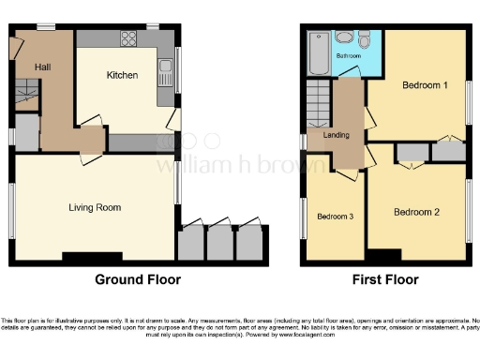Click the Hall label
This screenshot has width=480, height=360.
pos(43,67)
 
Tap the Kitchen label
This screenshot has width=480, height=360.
pos(123,75)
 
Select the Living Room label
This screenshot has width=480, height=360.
pos(96,207)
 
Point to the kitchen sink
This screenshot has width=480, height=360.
pos(165,67)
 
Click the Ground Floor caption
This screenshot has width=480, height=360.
pos(138,279)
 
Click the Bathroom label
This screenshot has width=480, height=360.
pos(350,56)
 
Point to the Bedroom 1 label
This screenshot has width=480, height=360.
pos(424,85)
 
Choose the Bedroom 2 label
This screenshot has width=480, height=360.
pos(416,212)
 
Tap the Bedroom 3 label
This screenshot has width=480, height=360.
pos(335,217)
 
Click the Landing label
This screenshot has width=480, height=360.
pos(336,135)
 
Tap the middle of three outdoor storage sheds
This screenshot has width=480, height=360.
pos(219,243)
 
